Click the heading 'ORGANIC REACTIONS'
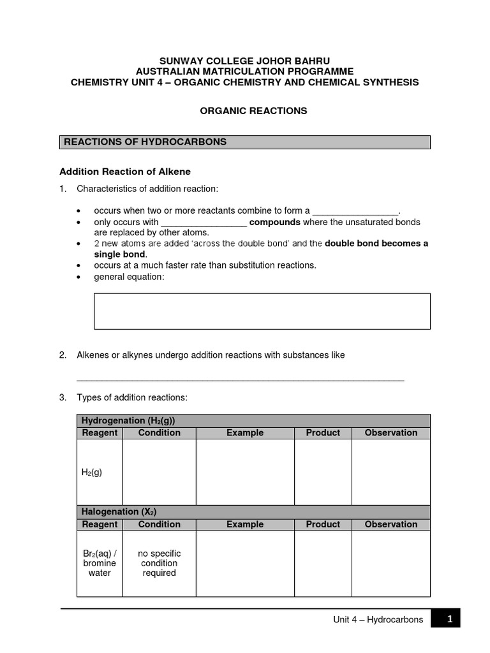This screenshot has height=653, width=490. click(x=253, y=111)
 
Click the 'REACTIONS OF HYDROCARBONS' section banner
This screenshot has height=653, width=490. click(x=245, y=142)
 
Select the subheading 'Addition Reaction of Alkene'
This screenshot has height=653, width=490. click(x=125, y=172)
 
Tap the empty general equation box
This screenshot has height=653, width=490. click(x=262, y=311)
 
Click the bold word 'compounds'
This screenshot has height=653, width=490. click(x=274, y=222)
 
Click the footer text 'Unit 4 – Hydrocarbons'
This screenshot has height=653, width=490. click(x=378, y=620)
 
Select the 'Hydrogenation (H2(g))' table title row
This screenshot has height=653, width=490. click(x=253, y=421)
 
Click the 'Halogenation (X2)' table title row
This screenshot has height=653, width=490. click(x=253, y=511)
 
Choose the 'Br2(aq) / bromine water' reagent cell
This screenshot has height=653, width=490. click(x=100, y=563)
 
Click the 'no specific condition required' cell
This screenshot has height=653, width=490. click(x=159, y=563)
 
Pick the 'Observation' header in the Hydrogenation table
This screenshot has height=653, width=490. click(x=390, y=433)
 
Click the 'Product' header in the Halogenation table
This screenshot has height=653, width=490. click(x=323, y=524)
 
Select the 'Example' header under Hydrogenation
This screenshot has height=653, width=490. click(x=245, y=433)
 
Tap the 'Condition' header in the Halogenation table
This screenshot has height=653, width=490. click(x=159, y=524)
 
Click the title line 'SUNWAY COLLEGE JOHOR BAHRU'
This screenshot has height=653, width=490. click(x=245, y=61)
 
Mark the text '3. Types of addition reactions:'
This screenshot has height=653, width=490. click(x=124, y=397)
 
